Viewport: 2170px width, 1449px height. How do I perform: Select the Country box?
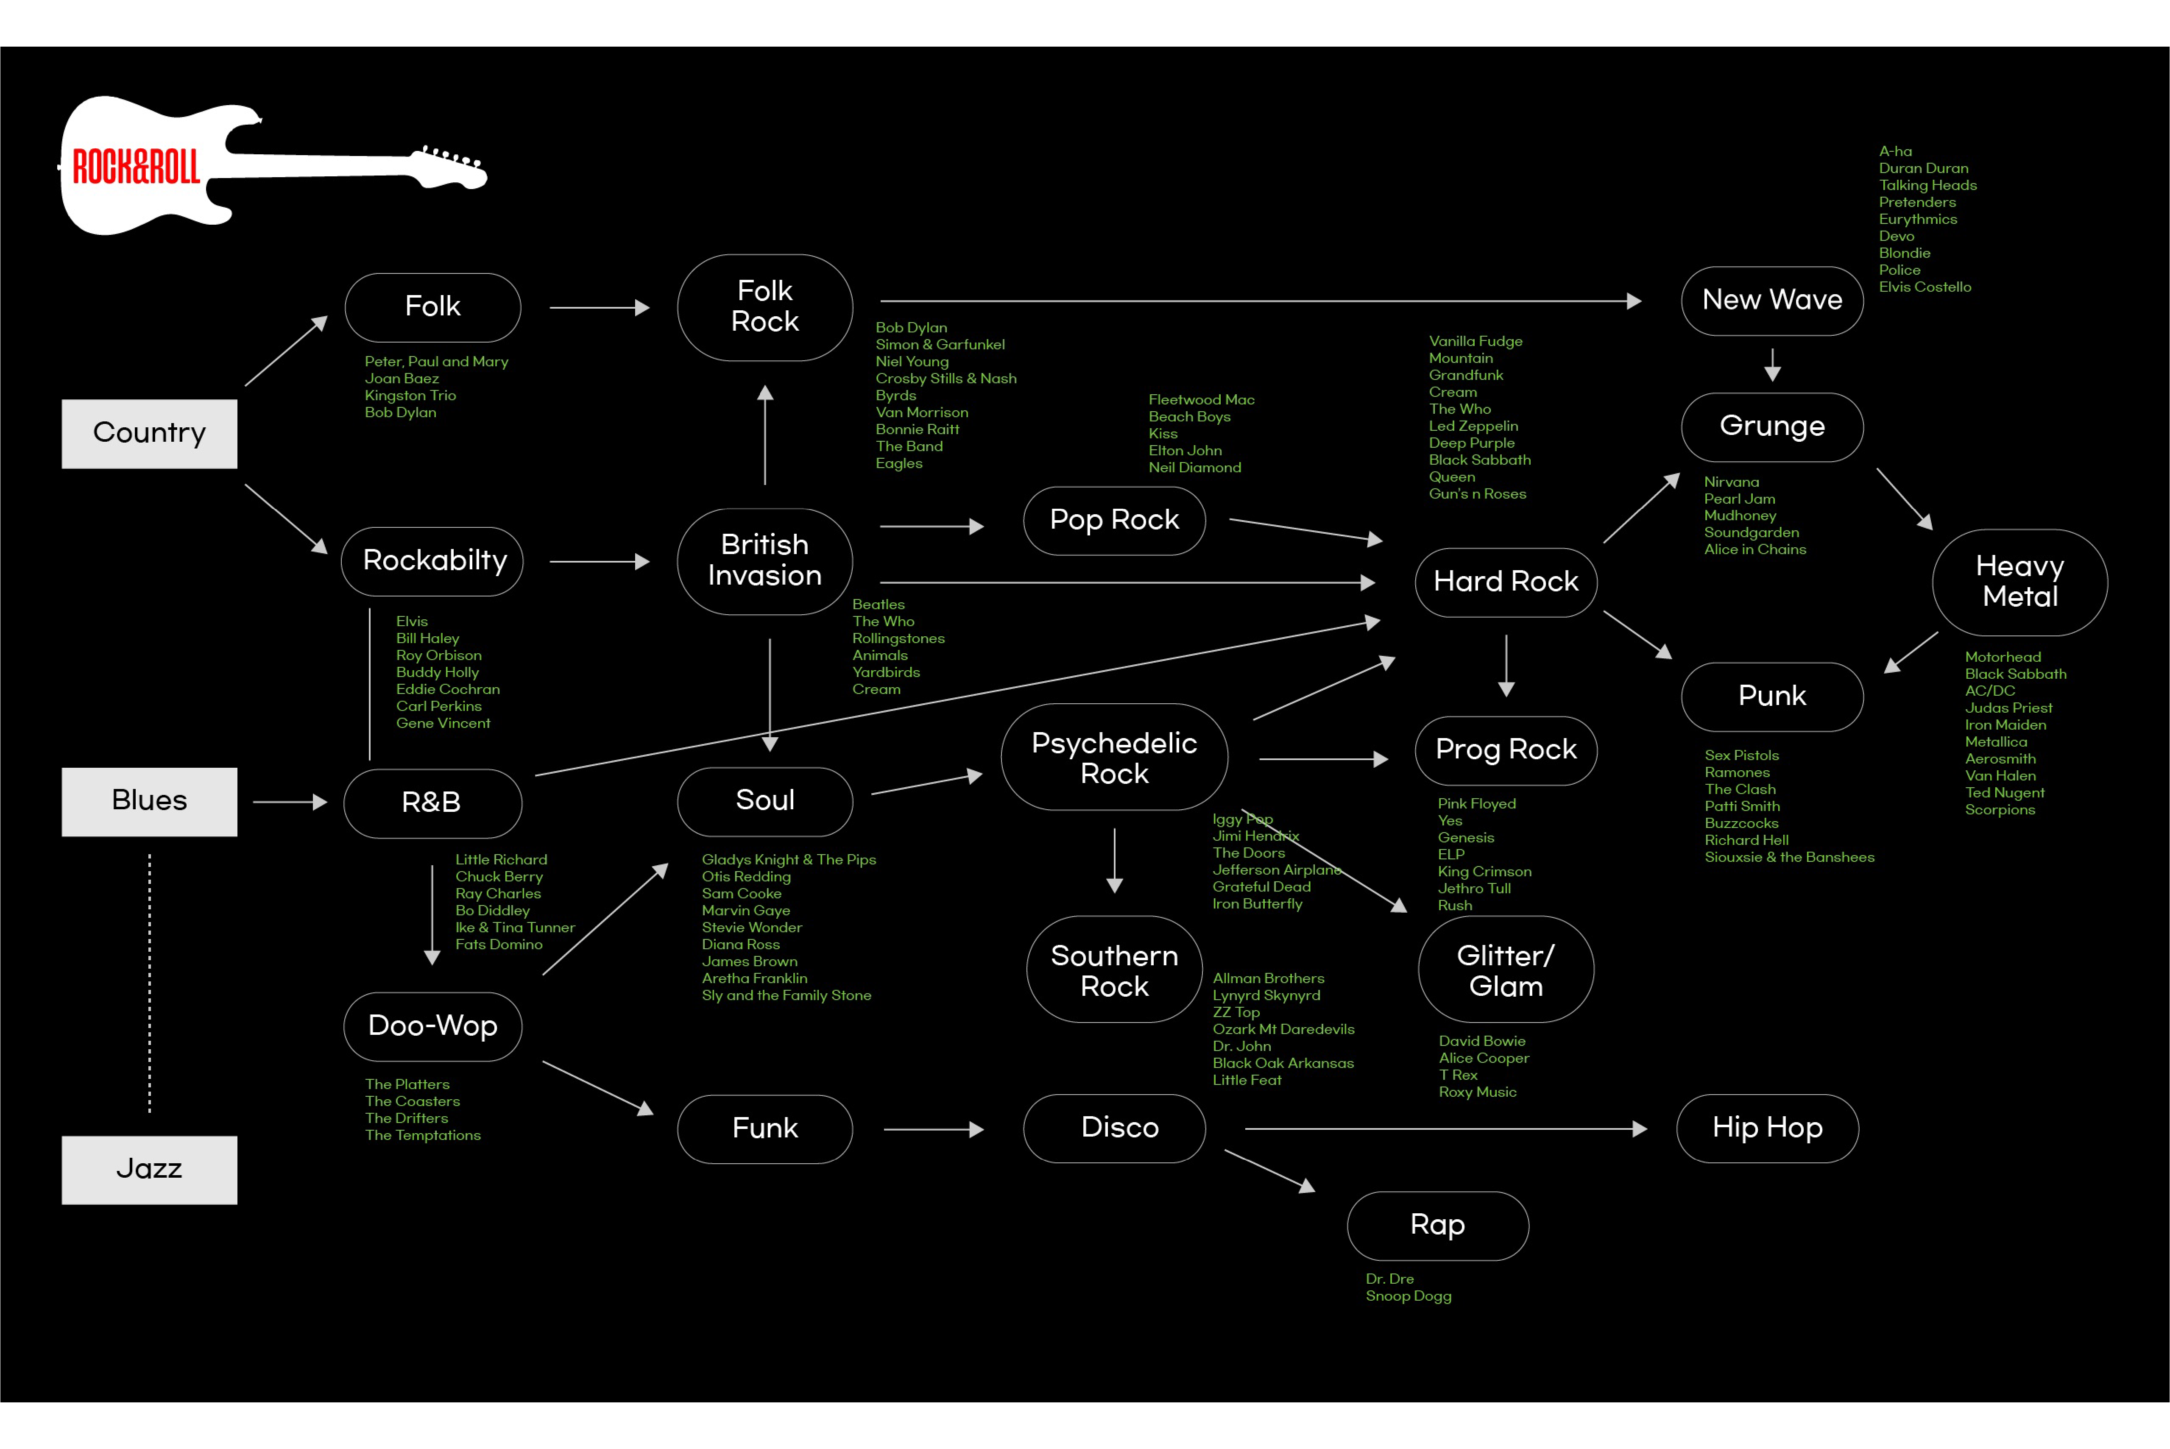coord(149,433)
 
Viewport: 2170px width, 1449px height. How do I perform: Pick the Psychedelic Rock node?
coord(1114,758)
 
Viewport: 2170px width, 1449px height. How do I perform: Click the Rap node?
coord(1437,1225)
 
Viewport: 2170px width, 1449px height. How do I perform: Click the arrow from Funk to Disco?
coord(934,1129)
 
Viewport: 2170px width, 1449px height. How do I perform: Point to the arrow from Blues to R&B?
coord(289,802)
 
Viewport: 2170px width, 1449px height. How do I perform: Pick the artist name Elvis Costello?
coord(1924,287)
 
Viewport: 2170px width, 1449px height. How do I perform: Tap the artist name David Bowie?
coord(1481,1042)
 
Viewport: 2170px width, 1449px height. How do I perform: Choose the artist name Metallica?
coord(1995,742)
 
